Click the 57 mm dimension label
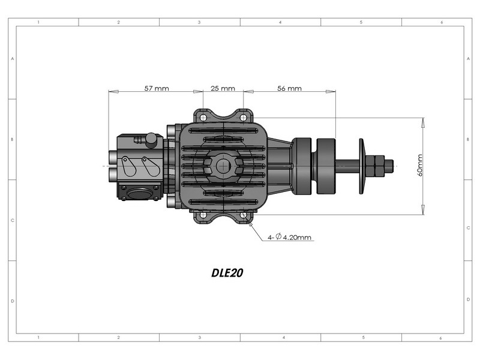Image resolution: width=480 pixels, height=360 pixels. pos(157,88)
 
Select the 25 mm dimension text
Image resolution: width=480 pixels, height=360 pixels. pos(223,88)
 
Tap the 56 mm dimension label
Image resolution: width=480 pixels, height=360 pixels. pos(289,88)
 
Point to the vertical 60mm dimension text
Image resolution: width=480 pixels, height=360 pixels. pos(419,166)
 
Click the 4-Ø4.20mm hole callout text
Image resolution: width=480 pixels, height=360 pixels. pos(289,237)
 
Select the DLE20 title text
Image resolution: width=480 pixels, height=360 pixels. pos(227,273)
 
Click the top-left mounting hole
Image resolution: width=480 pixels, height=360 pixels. pos(203,118)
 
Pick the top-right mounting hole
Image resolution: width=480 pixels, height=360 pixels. pos(243,118)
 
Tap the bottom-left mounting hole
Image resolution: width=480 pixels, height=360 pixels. pos(203,215)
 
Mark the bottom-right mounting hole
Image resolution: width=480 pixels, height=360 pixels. pos(244,215)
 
